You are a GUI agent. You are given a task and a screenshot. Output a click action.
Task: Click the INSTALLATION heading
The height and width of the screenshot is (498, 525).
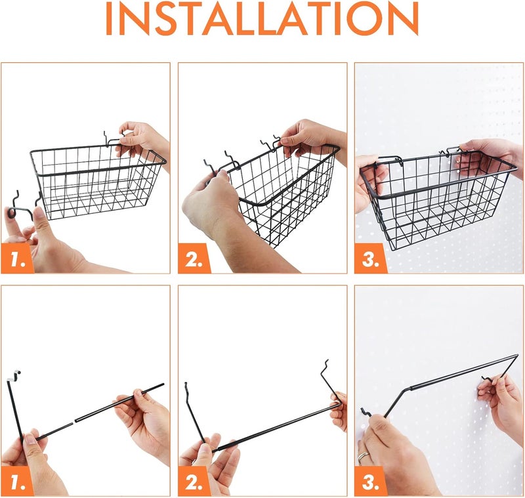(x=262, y=20)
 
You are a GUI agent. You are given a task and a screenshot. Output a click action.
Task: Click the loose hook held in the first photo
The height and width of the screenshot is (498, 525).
(x=20, y=207)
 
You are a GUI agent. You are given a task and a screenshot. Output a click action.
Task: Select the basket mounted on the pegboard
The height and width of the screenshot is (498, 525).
(x=436, y=200)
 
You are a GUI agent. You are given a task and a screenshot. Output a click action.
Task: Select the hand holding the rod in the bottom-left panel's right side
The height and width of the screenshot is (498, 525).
(x=144, y=420)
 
